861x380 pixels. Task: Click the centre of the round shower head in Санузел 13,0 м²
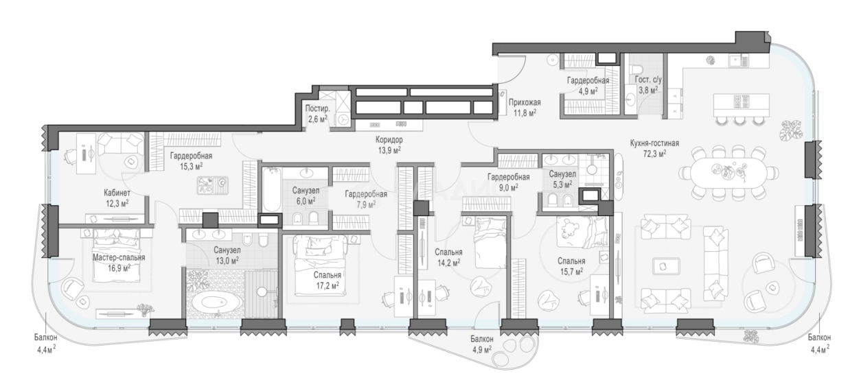pos(262,292)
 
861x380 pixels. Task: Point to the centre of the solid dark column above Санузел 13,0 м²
pos(210,220)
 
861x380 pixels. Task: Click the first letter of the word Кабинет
pos(106,192)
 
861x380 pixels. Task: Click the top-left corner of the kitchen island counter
pos(714,94)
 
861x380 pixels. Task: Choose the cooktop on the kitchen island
pos(741,101)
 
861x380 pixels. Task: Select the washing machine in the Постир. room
pos(343,120)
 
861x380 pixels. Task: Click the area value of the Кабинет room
pos(117,202)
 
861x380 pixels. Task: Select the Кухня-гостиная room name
pos(654,143)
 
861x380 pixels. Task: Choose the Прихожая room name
pos(525,102)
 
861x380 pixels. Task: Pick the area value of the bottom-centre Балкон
pos(482,350)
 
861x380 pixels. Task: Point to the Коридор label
pos(389,140)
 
